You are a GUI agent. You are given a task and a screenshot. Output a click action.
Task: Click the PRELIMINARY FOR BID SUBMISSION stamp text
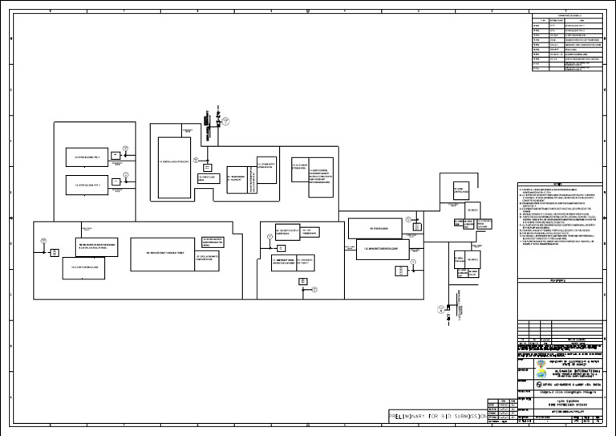pos(436,418)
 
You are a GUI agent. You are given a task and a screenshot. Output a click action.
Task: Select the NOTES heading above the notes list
pos(558,183)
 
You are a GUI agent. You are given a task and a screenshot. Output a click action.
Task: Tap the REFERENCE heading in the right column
pos(558,280)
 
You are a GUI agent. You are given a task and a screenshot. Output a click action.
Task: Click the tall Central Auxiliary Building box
pos(174,166)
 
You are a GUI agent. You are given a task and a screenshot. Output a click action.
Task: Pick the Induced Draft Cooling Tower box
pos(163,253)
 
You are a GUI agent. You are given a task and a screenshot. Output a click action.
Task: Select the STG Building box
pos(379,229)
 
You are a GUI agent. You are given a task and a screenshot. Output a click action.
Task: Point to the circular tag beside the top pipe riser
pos(226,121)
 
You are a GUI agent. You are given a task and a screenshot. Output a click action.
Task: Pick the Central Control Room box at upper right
pos(460,189)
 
